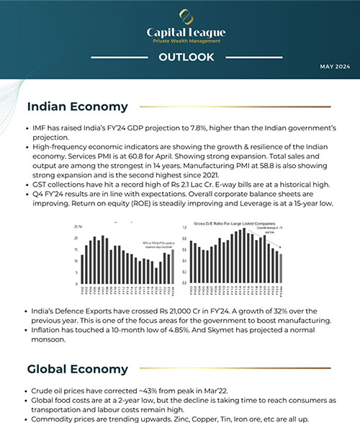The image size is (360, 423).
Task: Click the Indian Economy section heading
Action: click(x=77, y=107)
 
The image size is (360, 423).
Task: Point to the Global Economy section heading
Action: click(x=78, y=369)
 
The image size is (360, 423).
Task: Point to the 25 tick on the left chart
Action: click(x=77, y=228)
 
